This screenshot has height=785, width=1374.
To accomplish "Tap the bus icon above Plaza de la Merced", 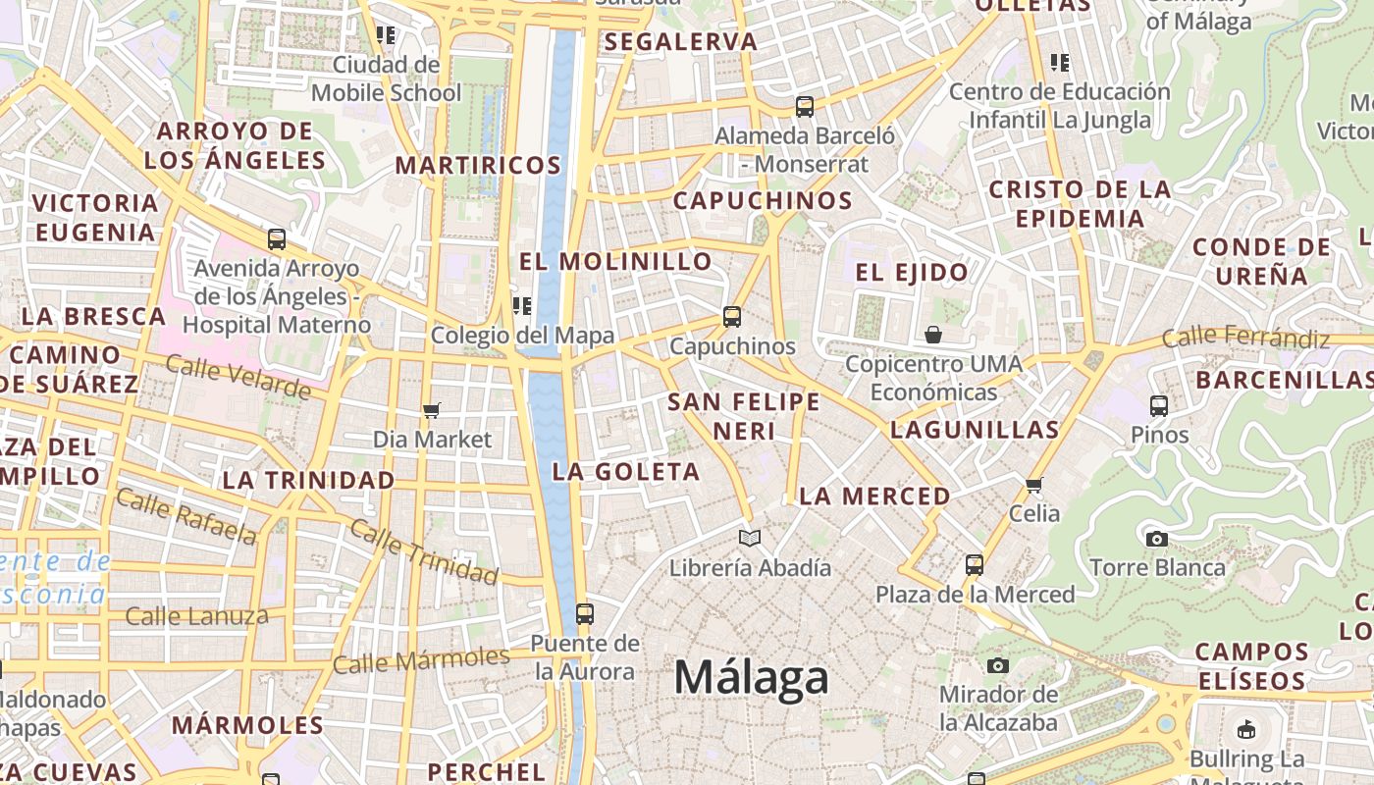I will pyautogui.click(x=974, y=565).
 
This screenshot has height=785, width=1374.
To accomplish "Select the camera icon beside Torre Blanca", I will pyautogui.click(x=1157, y=539).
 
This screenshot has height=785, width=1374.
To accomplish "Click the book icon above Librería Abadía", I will pyautogui.click(x=750, y=538).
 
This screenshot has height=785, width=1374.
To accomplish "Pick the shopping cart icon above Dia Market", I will pyautogui.click(x=431, y=410).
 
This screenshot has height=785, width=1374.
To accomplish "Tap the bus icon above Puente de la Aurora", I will pyautogui.click(x=585, y=614).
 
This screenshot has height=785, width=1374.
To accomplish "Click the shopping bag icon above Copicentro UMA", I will pyautogui.click(x=933, y=335).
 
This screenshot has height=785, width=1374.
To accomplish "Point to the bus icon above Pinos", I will pyautogui.click(x=1159, y=405).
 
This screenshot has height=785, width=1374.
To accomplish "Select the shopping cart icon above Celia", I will pyautogui.click(x=1033, y=485).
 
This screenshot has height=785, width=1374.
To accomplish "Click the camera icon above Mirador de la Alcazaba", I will pyautogui.click(x=998, y=666).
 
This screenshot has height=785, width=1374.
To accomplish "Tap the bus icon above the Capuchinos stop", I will pyautogui.click(x=732, y=317).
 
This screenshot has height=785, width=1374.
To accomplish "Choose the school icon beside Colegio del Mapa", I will pyautogui.click(x=522, y=306).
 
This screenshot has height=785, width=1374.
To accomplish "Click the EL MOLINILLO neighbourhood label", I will pyautogui.click(x=615, y=262).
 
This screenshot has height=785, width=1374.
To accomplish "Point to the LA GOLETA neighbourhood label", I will pyautogui.click(x=626, y=472).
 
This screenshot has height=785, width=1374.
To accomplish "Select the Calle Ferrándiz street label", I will pyautogui.click(x=1245, y=339).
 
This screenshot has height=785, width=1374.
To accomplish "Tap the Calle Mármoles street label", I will pyautogui.click(x=421, y=660).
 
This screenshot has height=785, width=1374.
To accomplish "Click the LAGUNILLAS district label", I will pyautogui.click(x=975, y=430).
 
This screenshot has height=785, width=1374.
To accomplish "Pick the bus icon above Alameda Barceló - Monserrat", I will pyautogui.click(x=805, y=107).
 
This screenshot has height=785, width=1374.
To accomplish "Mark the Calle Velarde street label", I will pyautogui.click(x=238, y=377).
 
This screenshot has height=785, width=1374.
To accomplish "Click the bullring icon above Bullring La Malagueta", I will pyautogui.click(x=1246, y=729).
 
